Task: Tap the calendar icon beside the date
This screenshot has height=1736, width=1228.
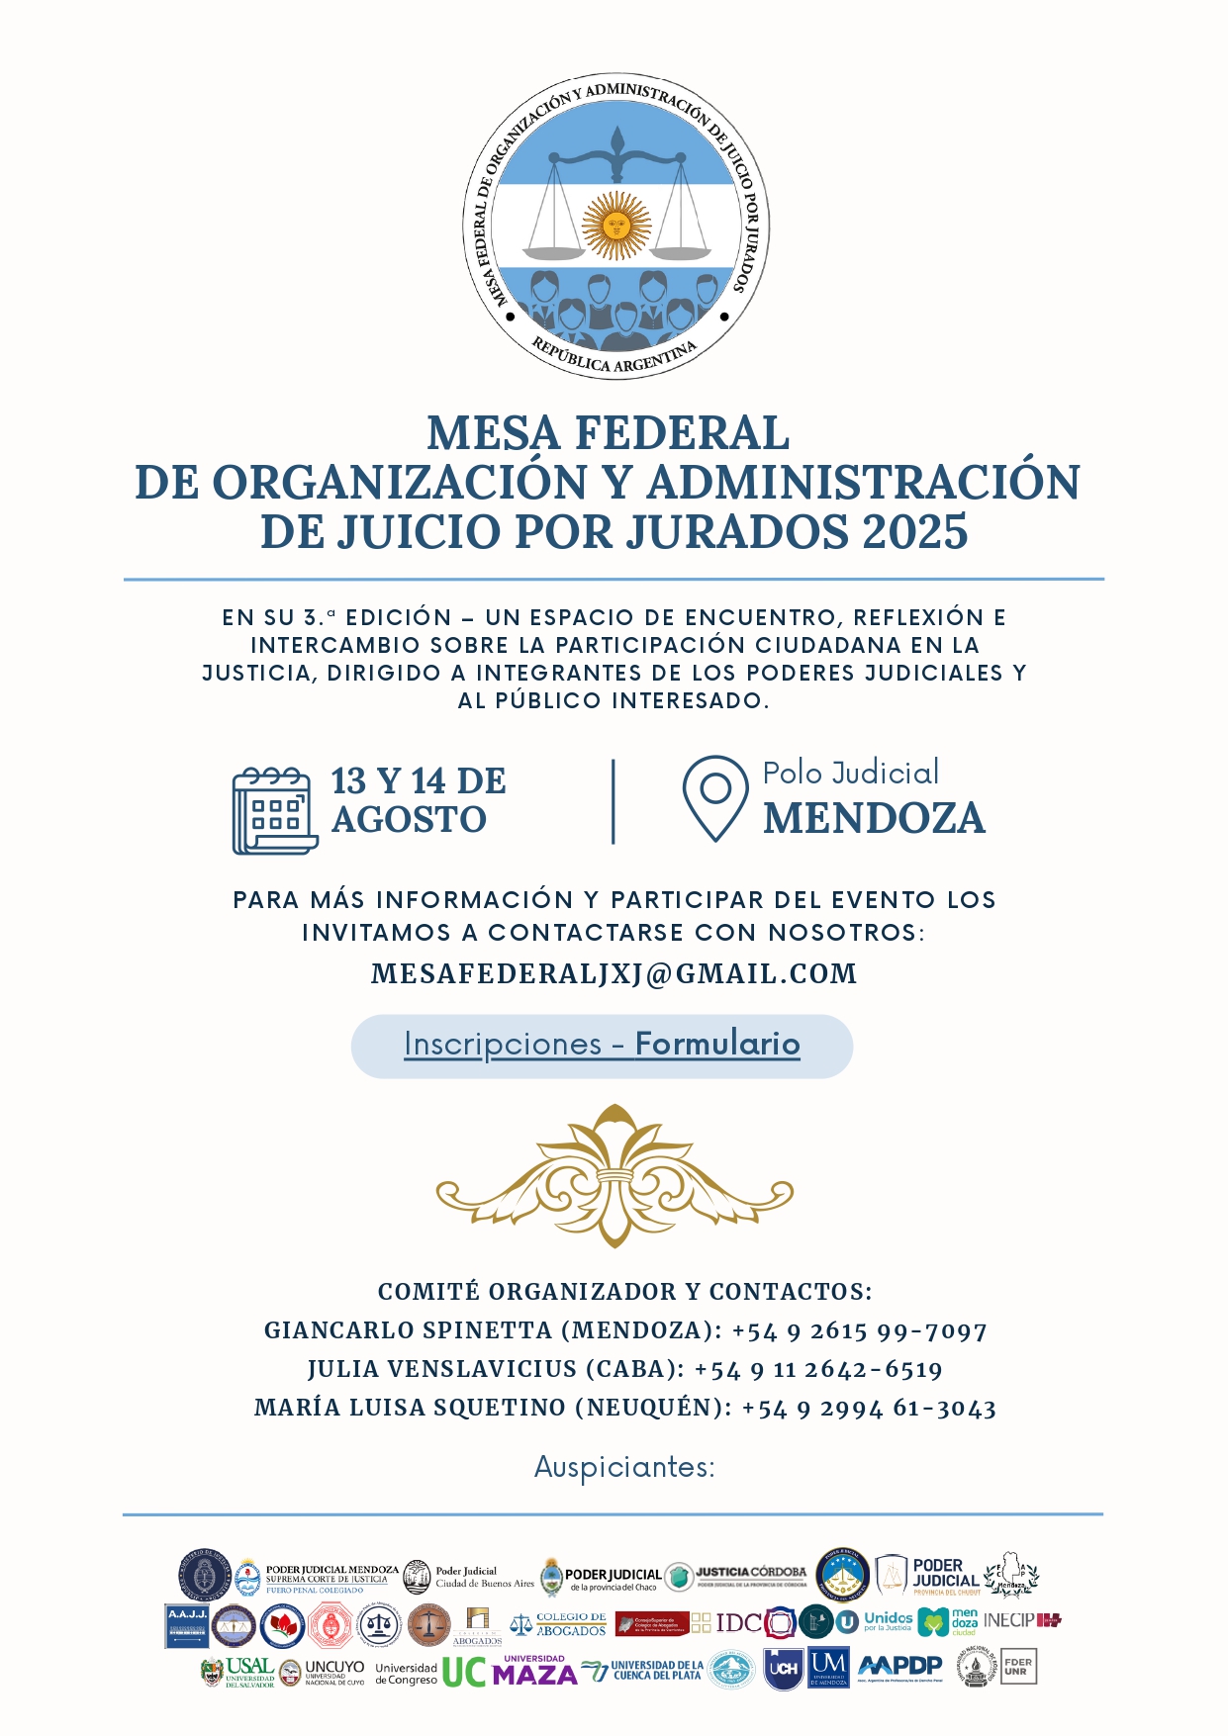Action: pyautogui.click(x=274, y=811)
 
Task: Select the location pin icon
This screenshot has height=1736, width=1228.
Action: pyautogui.click(x=714, y=797)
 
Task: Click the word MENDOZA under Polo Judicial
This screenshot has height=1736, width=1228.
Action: pyautogui.click(x=874, y=819)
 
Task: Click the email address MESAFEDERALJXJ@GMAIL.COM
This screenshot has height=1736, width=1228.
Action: pyautogui.click(x=614, y=974)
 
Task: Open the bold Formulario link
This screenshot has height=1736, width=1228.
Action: pyautogui.click(x=717, y=1045)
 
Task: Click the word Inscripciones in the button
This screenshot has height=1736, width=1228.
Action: pyautogui.click(x=503, y=1045)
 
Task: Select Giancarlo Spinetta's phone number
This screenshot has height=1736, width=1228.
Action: pyautogui.click(x=859, y=1331)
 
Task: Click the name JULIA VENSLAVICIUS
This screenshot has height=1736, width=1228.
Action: pyautogui.click(x=442, y=1370)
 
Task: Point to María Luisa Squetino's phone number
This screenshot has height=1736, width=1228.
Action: pyautogui.click(x=868, y=1409)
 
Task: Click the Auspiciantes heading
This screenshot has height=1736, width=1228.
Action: pyautogui.click(x=623, y=1466)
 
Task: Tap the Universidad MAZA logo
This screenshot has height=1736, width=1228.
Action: pyautogui.click(x=534, y=1672)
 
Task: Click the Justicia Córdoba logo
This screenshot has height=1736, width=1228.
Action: pyautogui.click(x=750, y=1575)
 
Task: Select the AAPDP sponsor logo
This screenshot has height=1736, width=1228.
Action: pyautogui.click(x=900, y=1667)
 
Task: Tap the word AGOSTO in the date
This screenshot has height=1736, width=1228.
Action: pyautogui.click(x=409, y=820)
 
